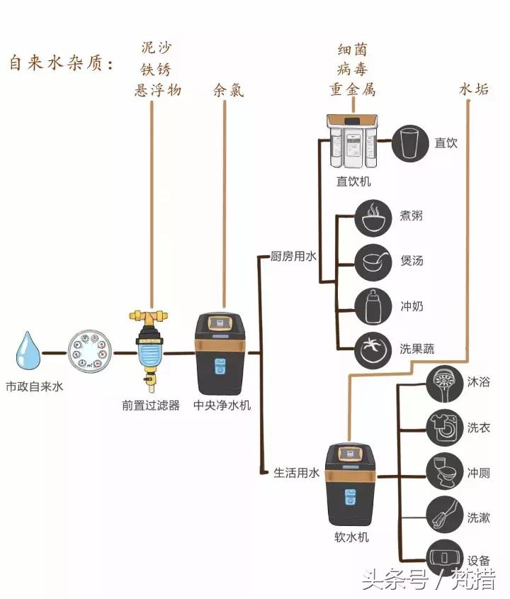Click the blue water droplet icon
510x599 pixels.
(x=30, y=352)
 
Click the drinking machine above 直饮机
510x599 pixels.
(x=352, y=142)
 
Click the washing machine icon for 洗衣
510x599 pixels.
(x=444, y=428)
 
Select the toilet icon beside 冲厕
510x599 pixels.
(x=444, y=472)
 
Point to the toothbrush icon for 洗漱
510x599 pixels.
(x=444, y=517)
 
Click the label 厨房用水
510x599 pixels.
(x=294, y=256)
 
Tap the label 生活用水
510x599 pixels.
(x=297, y=473)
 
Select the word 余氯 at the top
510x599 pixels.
(x=228, y=90)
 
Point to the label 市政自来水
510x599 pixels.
(x=35, y=387)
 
